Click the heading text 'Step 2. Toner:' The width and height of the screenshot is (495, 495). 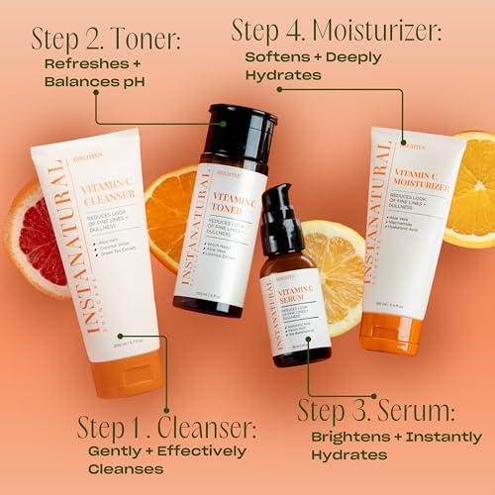tap(107, 39)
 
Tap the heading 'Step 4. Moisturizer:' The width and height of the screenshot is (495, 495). tap(337, 29)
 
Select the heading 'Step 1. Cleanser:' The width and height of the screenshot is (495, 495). tap(167, 429)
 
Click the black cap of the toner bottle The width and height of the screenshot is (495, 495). tap(236, 133)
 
